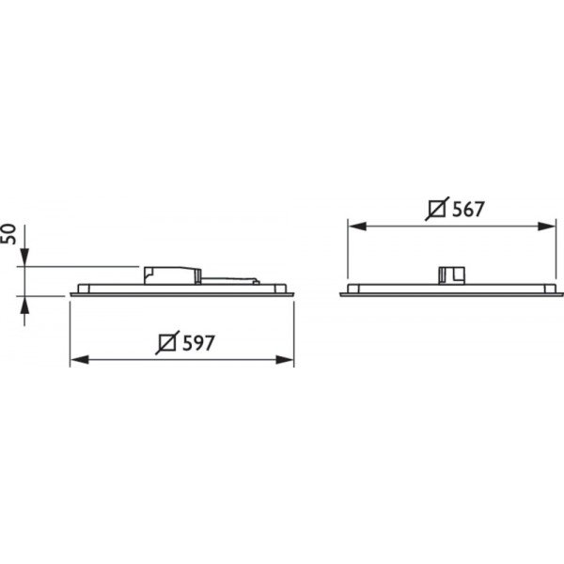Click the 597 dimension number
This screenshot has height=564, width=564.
[x=198, y=343]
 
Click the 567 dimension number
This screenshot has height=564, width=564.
[x=468, y=209]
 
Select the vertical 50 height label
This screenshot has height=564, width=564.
[x=9, y=234]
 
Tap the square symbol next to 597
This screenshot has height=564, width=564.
[x=167, y=342]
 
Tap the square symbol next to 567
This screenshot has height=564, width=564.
[x=437, y=209]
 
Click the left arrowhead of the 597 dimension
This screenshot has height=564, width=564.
[x=80, y=359]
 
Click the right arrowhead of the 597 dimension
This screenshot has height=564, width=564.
[x=285, y=359]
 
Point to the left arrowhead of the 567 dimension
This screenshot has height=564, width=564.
[x=357, y=227]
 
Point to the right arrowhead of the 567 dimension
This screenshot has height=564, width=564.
[x=546, y=227]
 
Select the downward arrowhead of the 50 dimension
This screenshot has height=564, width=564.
[x=24, y=258]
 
